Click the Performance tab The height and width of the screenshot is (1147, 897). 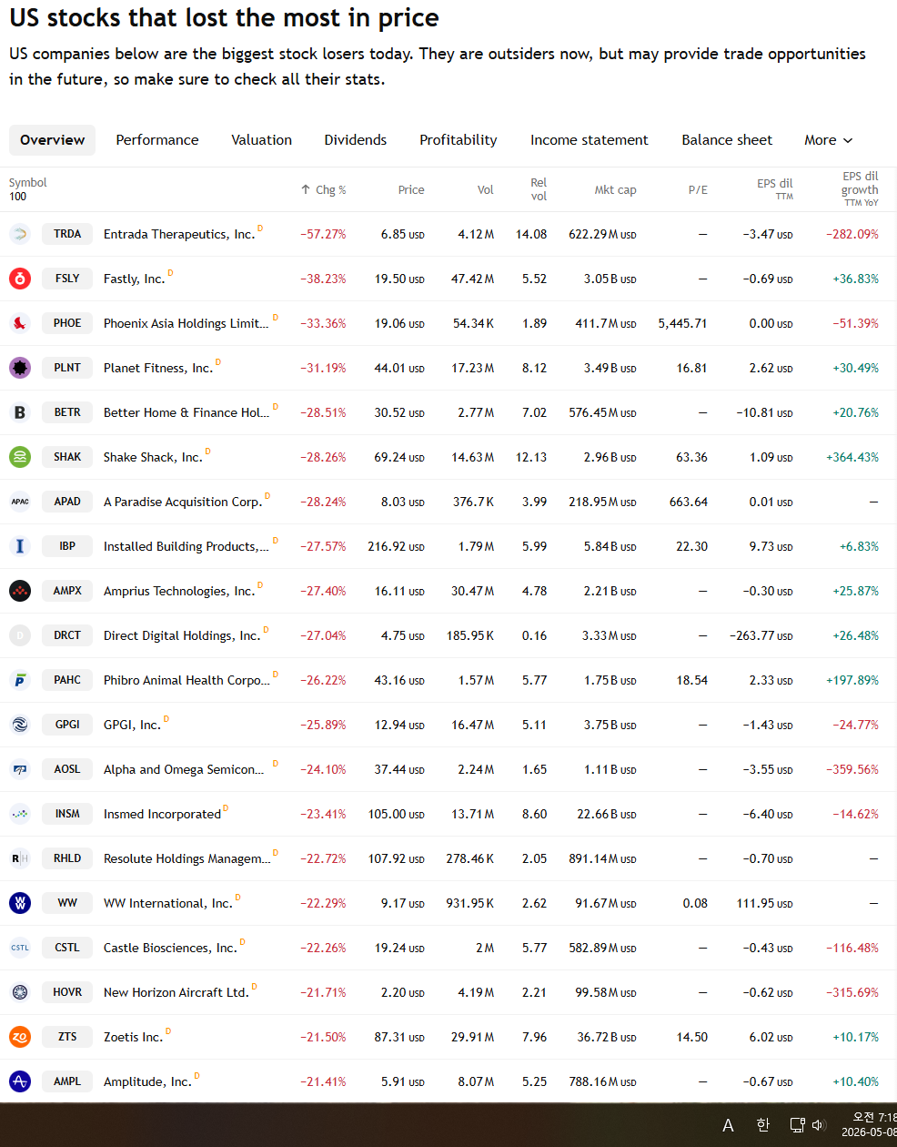tap(157, 140)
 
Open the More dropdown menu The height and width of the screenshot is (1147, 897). tap(828, 140)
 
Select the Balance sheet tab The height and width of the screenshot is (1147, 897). tap(727, 140)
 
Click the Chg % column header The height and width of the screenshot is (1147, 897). tap(323, 189)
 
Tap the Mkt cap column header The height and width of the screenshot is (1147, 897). tap(615, 189)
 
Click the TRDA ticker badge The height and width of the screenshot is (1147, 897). tap(67, 234)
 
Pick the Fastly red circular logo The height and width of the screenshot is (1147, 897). tap(20, 279)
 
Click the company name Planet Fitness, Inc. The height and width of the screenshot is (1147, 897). tap(158, 368)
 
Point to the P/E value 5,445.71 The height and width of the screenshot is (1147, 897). tap(682, 323)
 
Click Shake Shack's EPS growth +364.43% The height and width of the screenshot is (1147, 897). tap(852, 457)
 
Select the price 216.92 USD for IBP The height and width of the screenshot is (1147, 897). tap(396, 546)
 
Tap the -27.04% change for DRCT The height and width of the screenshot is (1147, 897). tap(323, 635)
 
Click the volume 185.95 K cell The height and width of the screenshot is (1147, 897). tap(469, 635)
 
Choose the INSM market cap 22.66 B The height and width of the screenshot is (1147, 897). tap(607, 814)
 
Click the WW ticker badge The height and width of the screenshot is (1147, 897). tap(67, 903)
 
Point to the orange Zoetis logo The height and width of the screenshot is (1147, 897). tap(20, 1037)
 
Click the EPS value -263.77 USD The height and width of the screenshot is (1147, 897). tap(761, 635)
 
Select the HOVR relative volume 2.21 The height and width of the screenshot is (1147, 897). tap(534, 992)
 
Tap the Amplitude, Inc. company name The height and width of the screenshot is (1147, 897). tap(147, 1081)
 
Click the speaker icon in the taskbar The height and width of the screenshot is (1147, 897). tap(818, 1125)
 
